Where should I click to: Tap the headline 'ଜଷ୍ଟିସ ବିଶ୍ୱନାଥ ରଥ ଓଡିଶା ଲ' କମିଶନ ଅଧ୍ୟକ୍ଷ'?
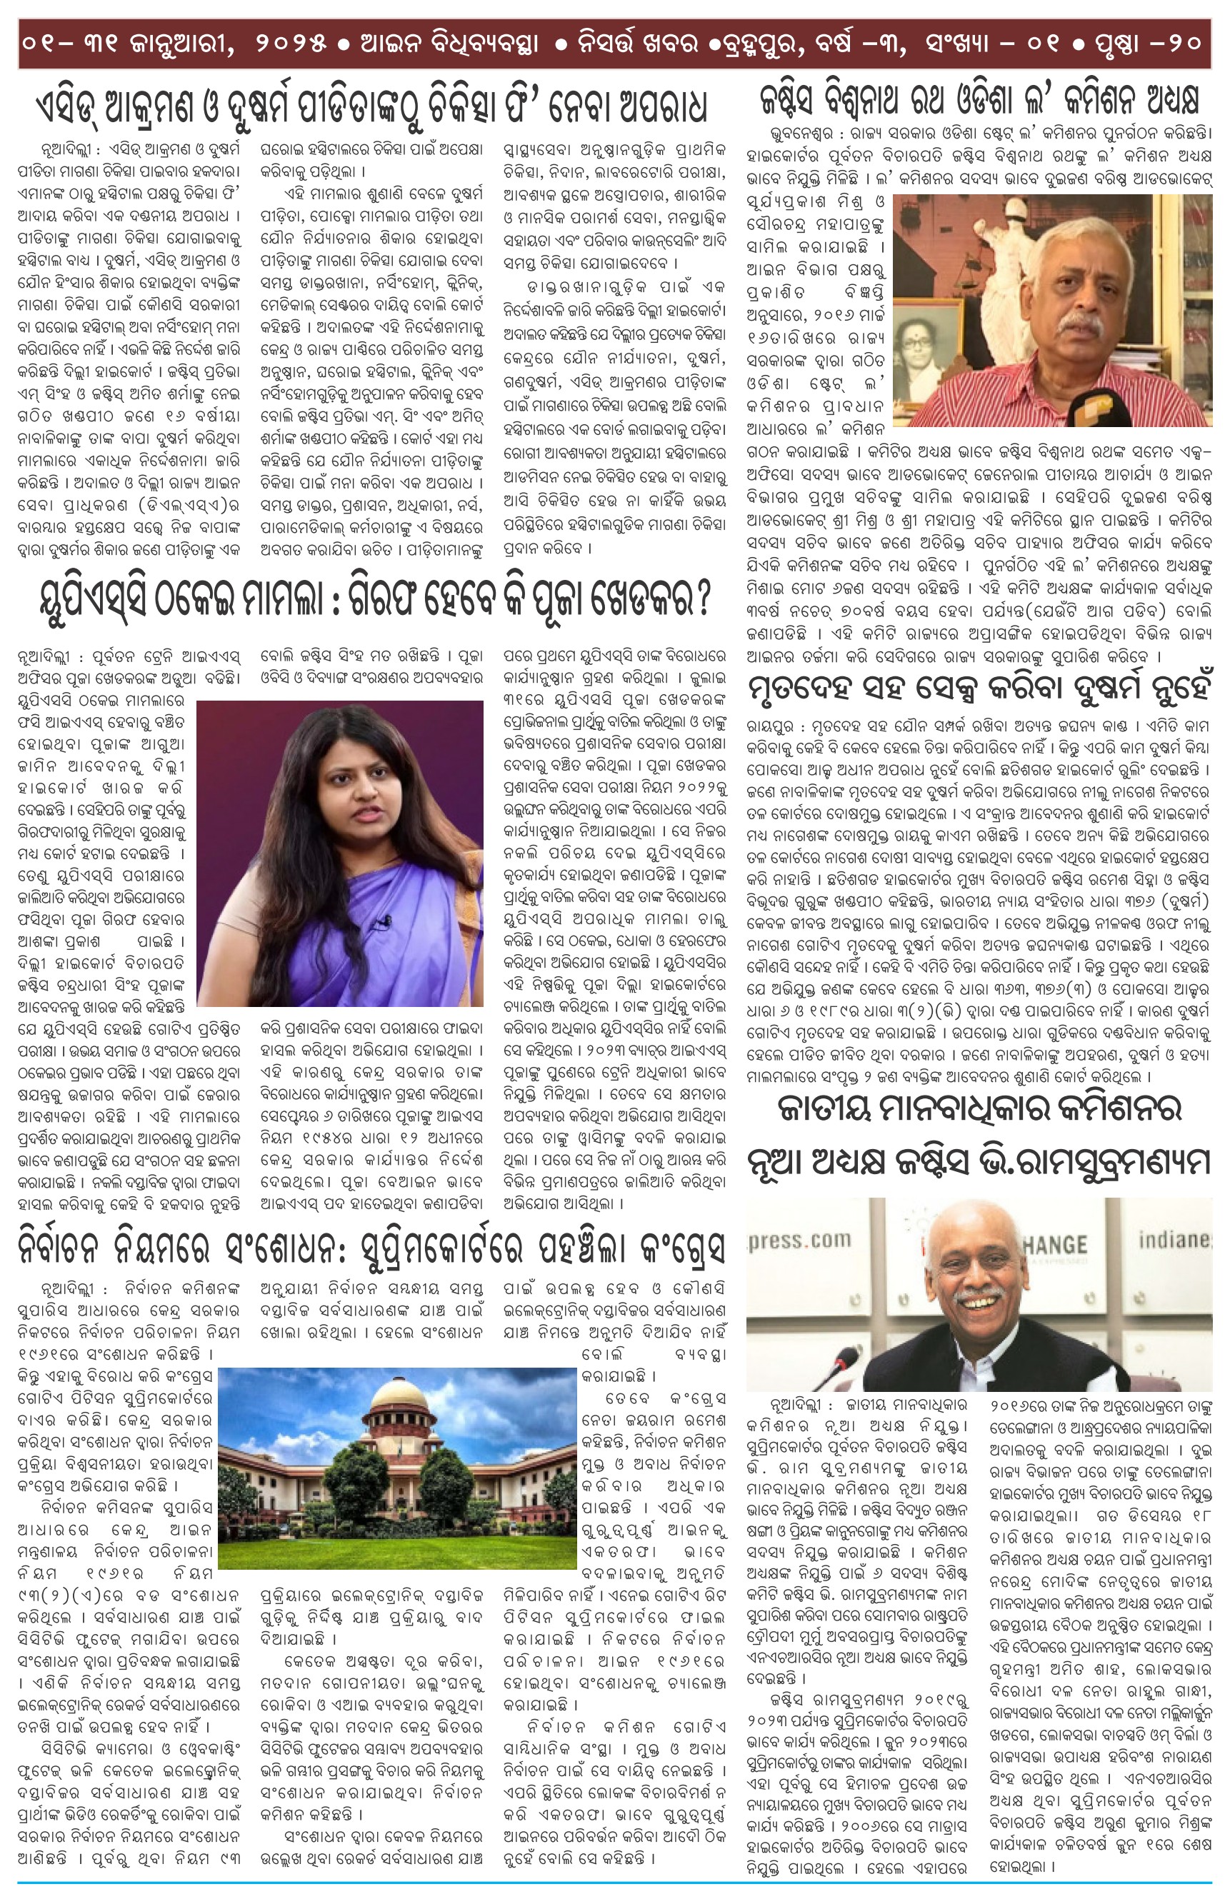click(979, 101)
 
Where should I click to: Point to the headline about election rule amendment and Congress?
click(371, 1248)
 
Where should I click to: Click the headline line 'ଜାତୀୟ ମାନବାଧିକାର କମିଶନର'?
click(979, 1109)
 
